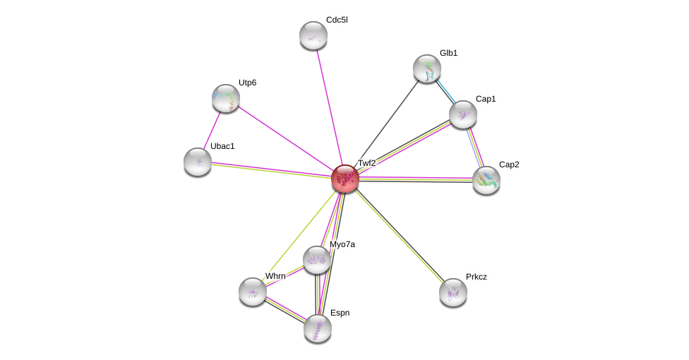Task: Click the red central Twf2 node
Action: coord(345,179)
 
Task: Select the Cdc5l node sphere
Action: coord(313,35)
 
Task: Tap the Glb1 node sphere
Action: coord(427,68)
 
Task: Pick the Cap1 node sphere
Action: coord(463,114)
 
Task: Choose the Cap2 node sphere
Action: coord(486,180)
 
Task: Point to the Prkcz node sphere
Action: coord(453,292)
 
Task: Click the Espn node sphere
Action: coord(318,328)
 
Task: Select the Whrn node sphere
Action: coord(253,292)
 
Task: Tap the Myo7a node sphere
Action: coord(317,260)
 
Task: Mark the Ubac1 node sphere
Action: coord(198,162)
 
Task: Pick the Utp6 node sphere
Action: coord(226,98)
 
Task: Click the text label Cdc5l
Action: coord(337,20)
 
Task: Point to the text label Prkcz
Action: coord(476,277)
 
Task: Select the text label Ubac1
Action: coord(222,146)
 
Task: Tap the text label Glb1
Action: coord(448,53)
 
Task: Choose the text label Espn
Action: coord(340,313)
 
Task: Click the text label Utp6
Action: coord(247,83)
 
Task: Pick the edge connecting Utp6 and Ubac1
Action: coord(212,130)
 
